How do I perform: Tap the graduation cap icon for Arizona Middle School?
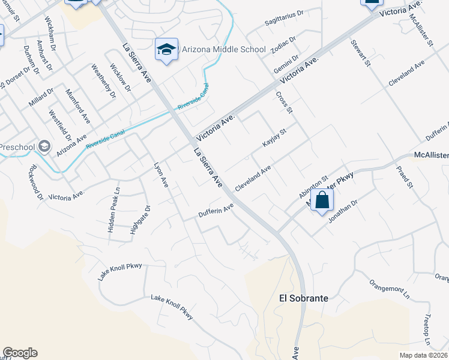coord(166,50)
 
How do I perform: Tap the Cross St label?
coord(284,103)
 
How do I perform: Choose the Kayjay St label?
coord(274,137)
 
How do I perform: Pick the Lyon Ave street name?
coord(161,174)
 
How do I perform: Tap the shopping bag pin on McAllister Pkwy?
coord(322,201)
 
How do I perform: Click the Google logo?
coord(20,353)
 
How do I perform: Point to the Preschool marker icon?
coord(44,146)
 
